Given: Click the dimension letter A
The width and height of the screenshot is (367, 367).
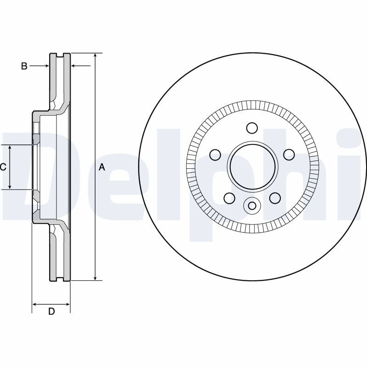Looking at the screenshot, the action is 102,167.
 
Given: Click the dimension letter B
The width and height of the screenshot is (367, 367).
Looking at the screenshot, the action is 24,66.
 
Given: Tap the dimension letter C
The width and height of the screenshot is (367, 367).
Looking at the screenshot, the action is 3,167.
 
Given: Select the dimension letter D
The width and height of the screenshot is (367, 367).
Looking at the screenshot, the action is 51,311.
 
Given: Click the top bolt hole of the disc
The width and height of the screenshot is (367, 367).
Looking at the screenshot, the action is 252,128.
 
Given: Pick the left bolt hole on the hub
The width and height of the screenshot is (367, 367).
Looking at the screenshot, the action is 215,155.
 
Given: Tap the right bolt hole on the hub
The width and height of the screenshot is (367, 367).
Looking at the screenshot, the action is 289,155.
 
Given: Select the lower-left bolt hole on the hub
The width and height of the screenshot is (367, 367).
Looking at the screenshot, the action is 229,198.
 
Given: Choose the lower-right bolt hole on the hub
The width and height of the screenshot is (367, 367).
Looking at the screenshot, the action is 275,198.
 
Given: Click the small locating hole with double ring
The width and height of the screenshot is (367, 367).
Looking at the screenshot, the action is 252,206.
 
